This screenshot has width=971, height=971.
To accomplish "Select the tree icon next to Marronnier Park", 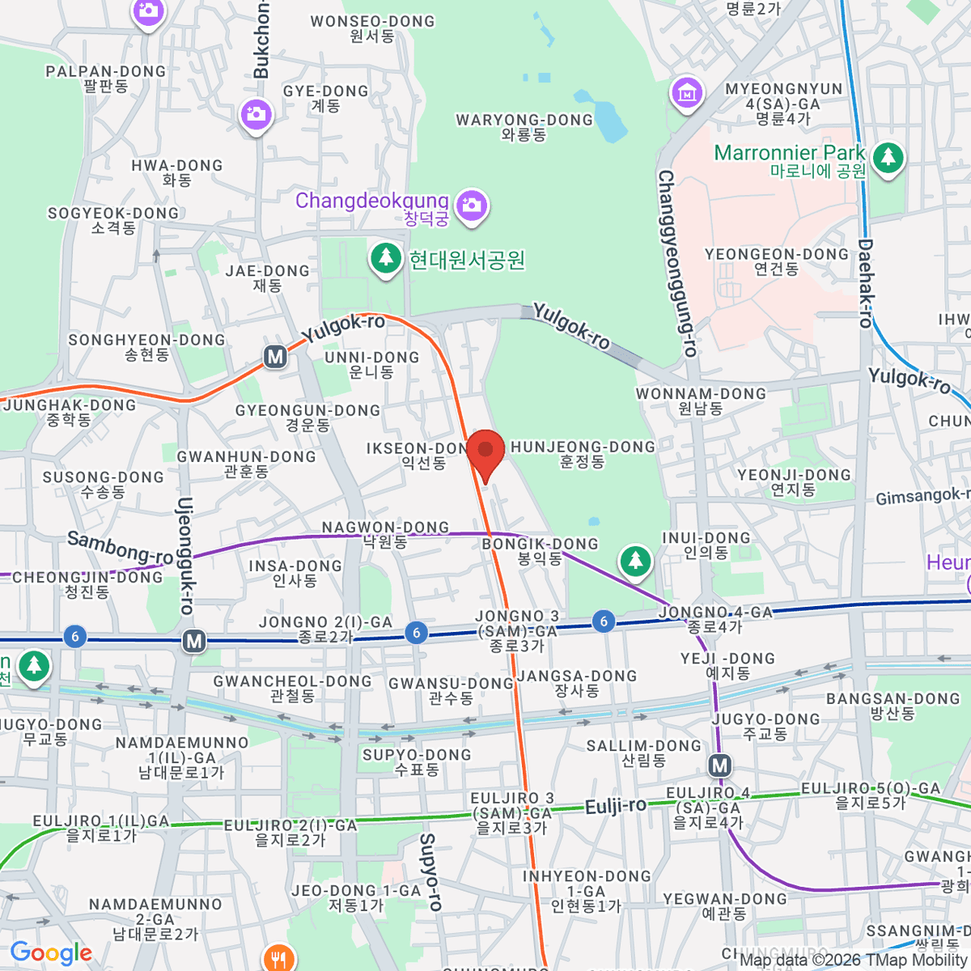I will (888, 157).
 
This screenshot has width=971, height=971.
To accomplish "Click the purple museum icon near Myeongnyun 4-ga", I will (687, 92).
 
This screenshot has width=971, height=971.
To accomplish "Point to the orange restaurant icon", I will (278, 958).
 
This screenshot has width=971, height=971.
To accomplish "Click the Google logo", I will (51, 953).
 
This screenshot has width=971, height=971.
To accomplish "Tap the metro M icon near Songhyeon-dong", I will (275, 356).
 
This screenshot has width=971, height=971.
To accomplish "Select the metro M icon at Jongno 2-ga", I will (193, 642).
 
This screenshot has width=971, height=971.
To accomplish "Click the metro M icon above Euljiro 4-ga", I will (719, 765).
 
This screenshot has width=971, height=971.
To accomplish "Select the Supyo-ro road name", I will (430, 872).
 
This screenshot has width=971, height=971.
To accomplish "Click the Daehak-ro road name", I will (865, 283).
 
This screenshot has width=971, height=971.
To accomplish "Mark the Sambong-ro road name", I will (120, 548).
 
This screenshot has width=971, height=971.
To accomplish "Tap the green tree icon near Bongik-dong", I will (635, 560).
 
